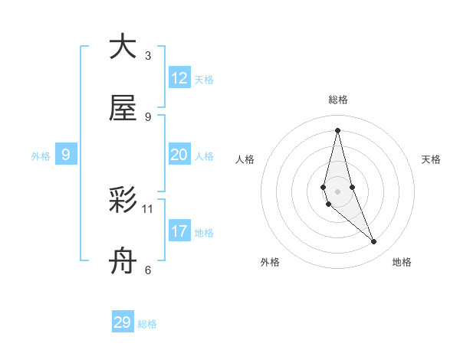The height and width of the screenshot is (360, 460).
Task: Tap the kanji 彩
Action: (123, 201)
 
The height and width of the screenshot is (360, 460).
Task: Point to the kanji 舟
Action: (123, 263)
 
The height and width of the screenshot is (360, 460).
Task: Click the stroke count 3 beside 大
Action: (148, 55)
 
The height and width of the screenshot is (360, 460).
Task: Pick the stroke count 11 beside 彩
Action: (148, 208)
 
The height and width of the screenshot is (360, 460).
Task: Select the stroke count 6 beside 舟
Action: (148, 270)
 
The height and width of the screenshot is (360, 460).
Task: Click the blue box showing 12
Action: (179, 78)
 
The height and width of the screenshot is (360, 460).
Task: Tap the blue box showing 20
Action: (179, 155)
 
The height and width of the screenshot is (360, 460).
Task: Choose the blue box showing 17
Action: (179, 231)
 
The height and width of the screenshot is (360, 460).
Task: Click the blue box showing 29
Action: (123, 322)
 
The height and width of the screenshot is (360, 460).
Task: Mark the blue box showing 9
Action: (66, 155)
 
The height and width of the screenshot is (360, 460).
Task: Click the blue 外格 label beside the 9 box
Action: (41, 156)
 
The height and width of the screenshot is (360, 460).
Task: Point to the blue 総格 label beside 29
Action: (147, 324)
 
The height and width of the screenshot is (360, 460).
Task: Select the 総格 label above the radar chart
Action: (338, 100)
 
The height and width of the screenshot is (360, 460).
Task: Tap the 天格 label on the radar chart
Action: (432, 159)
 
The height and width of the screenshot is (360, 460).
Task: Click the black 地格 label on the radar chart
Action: (402, 262)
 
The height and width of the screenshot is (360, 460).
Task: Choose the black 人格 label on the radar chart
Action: (245, 159)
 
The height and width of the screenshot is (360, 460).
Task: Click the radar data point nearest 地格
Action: (374, 242)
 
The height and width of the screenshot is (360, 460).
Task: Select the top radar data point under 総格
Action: (337, 130)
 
